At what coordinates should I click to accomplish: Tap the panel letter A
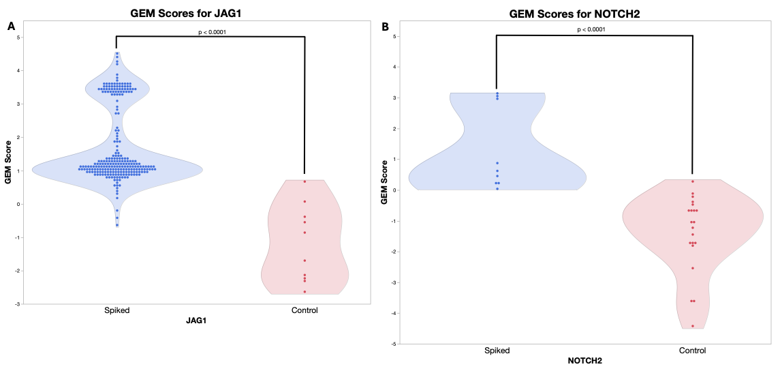(11, 27)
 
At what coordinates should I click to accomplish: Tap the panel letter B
(386, 27)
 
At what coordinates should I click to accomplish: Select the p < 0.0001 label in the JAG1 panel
(212, 32)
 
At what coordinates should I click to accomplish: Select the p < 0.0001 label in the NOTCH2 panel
(591, 29)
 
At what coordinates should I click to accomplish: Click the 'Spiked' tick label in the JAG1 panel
(116, 310)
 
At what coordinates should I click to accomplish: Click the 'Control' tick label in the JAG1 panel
(305, 310)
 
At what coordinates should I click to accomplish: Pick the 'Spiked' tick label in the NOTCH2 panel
(497, 351)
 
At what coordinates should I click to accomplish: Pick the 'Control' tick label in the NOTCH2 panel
(692, 351)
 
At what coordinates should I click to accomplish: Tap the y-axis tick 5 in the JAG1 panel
(18, 38)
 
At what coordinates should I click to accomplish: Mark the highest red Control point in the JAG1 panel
(305, 181)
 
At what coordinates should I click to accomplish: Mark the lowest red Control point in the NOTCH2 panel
(693, 326)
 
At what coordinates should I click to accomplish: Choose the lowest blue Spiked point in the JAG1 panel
(117, 225)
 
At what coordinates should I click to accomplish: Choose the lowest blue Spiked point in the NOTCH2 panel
(497, 188)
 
